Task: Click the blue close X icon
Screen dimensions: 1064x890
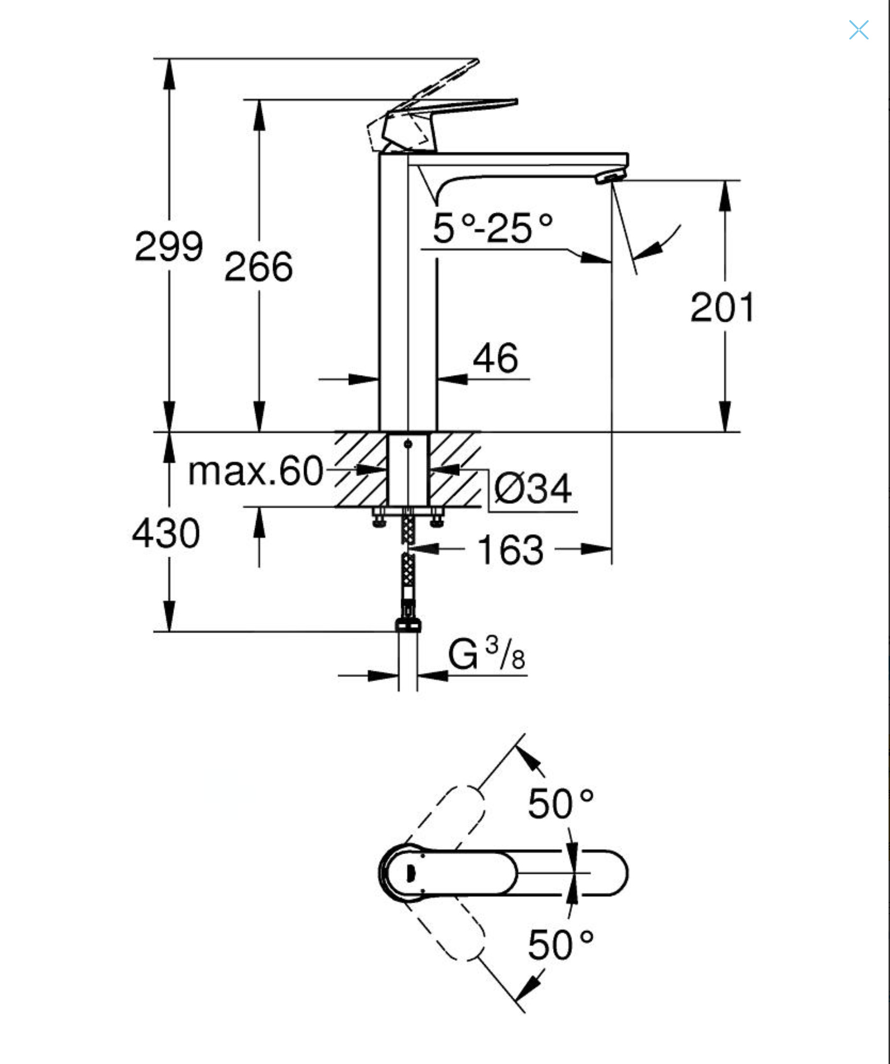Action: (x=859, y=30)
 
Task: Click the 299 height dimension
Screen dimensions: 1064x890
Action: (x=169, y=247)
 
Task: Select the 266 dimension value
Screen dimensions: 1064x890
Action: (x=258, y=267)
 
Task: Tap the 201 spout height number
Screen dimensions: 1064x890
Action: (x=722, y=307)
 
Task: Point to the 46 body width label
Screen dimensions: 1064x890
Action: (x=495, y=359)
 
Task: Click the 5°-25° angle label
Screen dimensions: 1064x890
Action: (x=492, y=229)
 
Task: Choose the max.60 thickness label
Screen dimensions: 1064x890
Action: (x=256, y=471)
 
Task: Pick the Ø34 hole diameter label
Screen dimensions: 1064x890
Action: (x=532, y=489)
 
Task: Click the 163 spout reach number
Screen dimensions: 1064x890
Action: (x=510, y=550)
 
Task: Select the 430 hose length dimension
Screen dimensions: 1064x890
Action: (x=166, y=534)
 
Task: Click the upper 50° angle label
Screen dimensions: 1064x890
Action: (x=560, y=804)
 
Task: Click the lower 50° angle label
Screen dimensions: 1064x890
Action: (x=560, y=945)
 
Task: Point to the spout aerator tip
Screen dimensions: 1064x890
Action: (x=610, y=177)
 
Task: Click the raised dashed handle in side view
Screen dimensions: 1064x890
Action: (x=446, y=81)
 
